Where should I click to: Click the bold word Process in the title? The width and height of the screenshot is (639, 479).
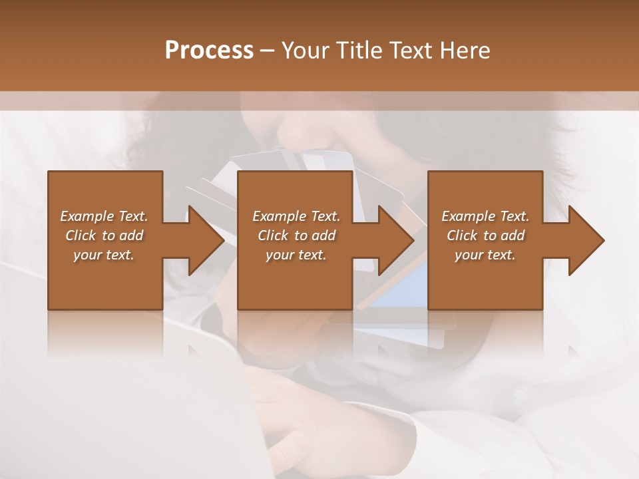point(209,51)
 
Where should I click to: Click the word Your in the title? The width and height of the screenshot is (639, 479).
point(307,51)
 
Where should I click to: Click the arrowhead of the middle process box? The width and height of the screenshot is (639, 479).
point(395,240)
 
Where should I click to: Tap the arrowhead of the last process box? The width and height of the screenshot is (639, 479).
point(585,240)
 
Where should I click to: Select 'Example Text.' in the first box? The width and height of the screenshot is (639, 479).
point(104,216)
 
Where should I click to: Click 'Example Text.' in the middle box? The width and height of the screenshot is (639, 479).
point(296,216)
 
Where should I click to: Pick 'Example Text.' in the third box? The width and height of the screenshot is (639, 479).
point(485,216)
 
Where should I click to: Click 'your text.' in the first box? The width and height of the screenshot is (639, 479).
point(104,255)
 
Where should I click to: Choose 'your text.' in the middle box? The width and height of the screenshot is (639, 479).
point(296,255)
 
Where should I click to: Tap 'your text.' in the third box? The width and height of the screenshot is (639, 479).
point(485,255)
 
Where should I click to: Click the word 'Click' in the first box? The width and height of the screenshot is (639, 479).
point(81,236)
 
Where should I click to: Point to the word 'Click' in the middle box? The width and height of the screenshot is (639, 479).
point(273,236)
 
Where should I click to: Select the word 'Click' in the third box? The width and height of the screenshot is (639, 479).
point(462,236)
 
